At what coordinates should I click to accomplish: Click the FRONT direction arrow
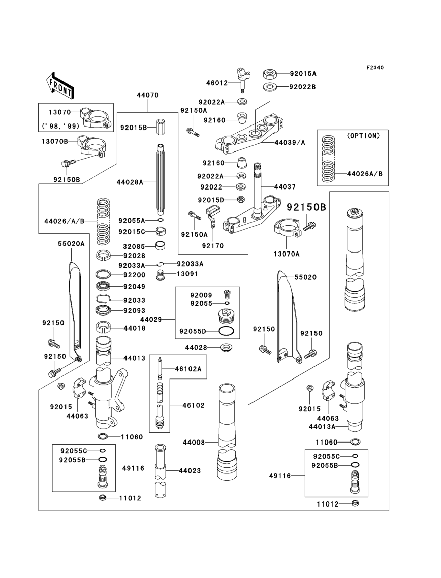pos(60,86)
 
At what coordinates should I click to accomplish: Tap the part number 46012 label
pos(217,83)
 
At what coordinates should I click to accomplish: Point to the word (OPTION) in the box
pos(363,136)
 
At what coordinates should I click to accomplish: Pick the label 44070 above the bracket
pos(147,95)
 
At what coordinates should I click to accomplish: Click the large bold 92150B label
pos(306,207)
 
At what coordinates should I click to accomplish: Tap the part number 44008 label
pos(194,443)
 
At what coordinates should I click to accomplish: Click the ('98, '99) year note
pos(61,126)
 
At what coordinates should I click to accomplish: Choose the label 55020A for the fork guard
pos(71,244)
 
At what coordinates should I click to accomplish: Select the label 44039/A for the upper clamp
pos(290,143)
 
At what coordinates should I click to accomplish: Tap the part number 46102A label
pos(188,369)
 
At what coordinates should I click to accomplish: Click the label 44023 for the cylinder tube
pos(189,471)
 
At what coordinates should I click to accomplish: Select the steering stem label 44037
pos(285,187)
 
